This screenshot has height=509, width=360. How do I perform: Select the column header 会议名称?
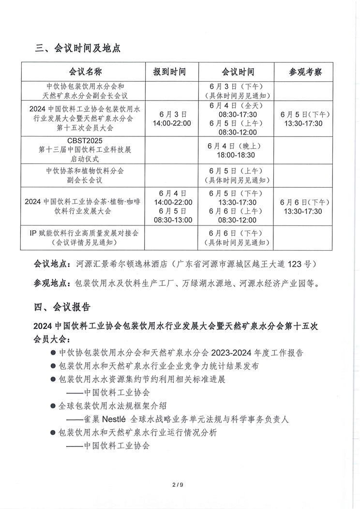pyautogui.click(x=85, y=72)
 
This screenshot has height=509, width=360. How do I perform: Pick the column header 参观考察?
pyautogui.click(x=305, y=72)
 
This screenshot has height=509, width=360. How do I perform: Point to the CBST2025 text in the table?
pyautogui.click(x=85, y=141)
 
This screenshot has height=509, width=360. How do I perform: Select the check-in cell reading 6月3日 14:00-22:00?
pyautogui.click(x=172, y=119)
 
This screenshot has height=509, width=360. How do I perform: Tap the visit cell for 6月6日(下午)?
pyautogui.click(x=305, y=207)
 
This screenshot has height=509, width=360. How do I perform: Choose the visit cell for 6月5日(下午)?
pyautogui.click(x=305, y=119)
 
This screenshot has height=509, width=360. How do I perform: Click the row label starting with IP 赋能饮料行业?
pyautogui.click(x=85, y=233)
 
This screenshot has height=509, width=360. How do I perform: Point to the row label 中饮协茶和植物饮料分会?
pyautogui.click(x=85, y=171)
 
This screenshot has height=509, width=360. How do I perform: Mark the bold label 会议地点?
pyautogui.click(x=52, y=264)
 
